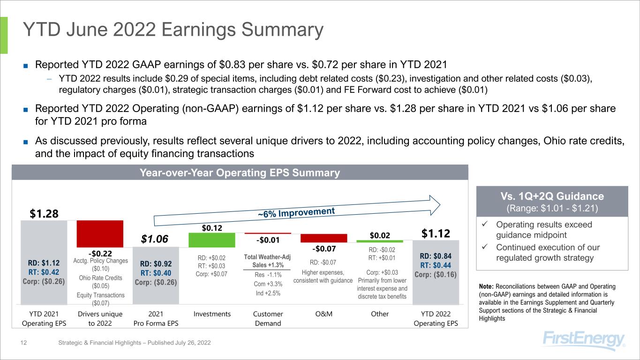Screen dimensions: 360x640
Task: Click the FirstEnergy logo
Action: [x=584, y=341]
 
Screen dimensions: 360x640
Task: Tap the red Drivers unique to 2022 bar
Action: [x=100, y=233]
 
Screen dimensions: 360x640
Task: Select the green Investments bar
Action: [x=211, y=240]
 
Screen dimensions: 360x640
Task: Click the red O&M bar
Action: [x=324, y=238]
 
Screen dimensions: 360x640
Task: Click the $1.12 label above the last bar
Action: [x=436, y=233]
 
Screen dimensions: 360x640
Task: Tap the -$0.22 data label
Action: [x=100, y=254]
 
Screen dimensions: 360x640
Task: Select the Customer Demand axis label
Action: [x=268, y=318]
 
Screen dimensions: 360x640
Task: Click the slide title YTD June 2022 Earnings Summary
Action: [x=173, y=30]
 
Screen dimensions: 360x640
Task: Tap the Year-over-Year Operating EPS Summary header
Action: [x=240, y=172]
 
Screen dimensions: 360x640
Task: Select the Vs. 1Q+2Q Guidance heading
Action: [x=552, y=196]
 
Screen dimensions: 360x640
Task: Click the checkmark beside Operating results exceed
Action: [x=485, y=225]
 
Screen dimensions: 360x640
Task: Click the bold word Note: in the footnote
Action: [x=485, y=286]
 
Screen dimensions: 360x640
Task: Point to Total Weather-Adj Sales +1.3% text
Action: [x=268, y=261]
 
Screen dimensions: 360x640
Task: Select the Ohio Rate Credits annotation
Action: [x=100, y=282]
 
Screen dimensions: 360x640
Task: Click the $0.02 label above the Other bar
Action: [x=380, y=234]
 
